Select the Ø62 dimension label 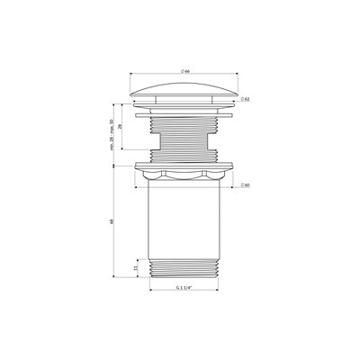pyautogui.click(x=246, y=100)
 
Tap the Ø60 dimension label pyautogui.click(x=245, y=186)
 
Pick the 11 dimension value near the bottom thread pyautogui.click(x=135, y=269)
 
